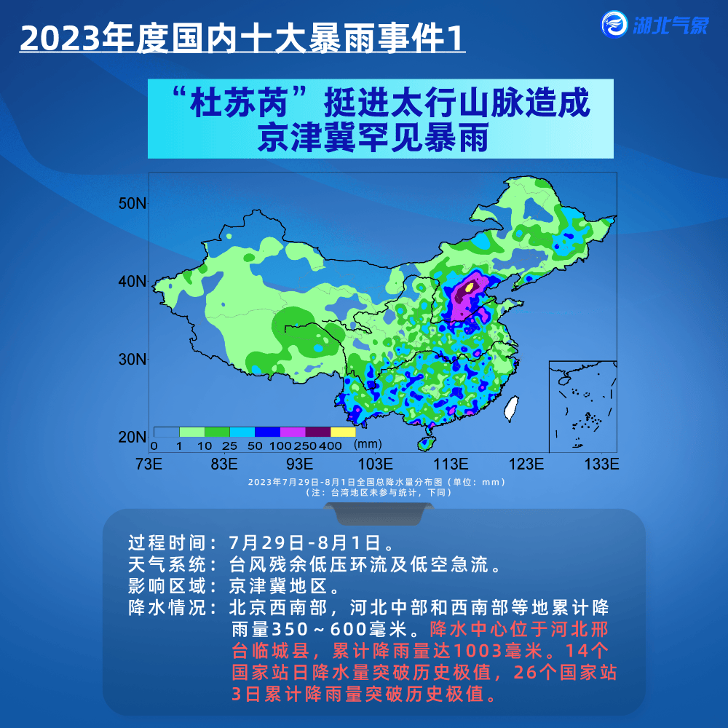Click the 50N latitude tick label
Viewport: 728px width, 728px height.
(x=132, y=203)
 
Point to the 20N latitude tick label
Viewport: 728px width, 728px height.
(x=132, y=437)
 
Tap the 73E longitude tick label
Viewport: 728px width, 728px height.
(x=149, y=464)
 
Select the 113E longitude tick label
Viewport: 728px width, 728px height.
(x=451, y=464)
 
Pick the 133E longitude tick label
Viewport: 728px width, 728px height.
(x=602, y=464)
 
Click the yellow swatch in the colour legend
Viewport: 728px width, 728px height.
(x=343, y=432)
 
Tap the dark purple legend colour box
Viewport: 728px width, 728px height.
(x=318, y=432)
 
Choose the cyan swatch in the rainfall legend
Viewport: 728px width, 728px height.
(x=242, y=432)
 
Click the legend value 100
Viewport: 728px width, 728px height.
(x=280, y=446)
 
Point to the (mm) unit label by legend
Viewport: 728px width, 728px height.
(x=368, y=444)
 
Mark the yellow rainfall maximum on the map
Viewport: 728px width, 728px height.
(x=470, y=287)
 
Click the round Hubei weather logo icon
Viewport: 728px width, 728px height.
(x=614, y=24)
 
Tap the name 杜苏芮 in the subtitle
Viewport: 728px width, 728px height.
(x=239, y=103)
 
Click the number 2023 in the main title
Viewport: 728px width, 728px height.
(x=60, y=38)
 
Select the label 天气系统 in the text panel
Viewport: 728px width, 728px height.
(x=167, y=565)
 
